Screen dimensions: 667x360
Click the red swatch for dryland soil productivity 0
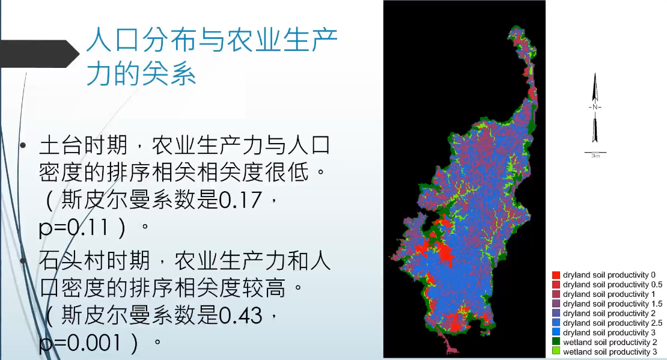click(x=556, y=275)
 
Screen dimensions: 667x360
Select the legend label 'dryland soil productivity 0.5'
click(x=612, y=285)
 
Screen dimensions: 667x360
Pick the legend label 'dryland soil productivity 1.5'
click(x=612, y=304)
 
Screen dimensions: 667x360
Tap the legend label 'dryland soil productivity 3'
click(x=609, y=333)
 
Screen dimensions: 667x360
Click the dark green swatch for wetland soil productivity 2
click(x=556, y=341)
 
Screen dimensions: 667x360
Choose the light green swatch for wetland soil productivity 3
click(x=556, y=351)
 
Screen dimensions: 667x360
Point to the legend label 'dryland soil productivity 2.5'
click(x=612, y=323)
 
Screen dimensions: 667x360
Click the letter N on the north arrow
click(x=595, y=107)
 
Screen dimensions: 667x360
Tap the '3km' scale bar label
click(x=595, y=156)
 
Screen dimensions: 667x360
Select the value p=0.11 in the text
click(x=73, y=228)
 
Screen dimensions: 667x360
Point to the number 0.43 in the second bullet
click(x=240, y=316)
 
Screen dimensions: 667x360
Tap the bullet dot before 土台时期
click(x=23, y=146)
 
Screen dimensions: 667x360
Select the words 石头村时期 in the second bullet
click(x=94, y=260)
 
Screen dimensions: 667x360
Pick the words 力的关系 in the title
click(x=141, y=74)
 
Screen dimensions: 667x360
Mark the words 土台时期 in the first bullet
click(x=84, y=145)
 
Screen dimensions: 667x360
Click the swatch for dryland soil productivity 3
click(x=556, y=332)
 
